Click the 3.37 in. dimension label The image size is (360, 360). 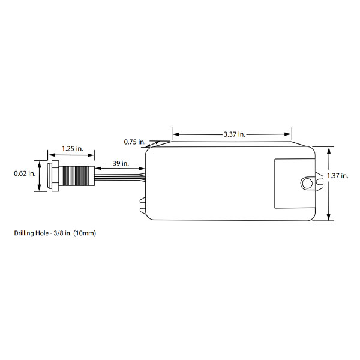[235, 134]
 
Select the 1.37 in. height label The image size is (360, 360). [338, 176]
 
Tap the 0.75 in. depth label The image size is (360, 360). [135, 142]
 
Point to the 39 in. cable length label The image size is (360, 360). [121, 163]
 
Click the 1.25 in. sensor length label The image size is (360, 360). [73, 149]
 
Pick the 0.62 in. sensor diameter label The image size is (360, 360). [25, 173]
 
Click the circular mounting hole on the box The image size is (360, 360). [307, 184]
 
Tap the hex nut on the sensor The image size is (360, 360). [55, 176]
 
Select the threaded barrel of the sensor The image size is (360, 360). [77, 176]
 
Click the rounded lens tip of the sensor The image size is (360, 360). [49, 176]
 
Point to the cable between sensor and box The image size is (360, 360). [120, 177]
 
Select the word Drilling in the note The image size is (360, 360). [24, 233]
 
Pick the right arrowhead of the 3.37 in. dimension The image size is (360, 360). [287, 134]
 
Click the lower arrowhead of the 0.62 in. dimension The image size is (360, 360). [40, 188]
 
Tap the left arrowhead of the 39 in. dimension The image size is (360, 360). [98, 168]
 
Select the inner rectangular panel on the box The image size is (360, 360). [294, 184]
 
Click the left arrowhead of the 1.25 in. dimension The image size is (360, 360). [52, 155]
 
